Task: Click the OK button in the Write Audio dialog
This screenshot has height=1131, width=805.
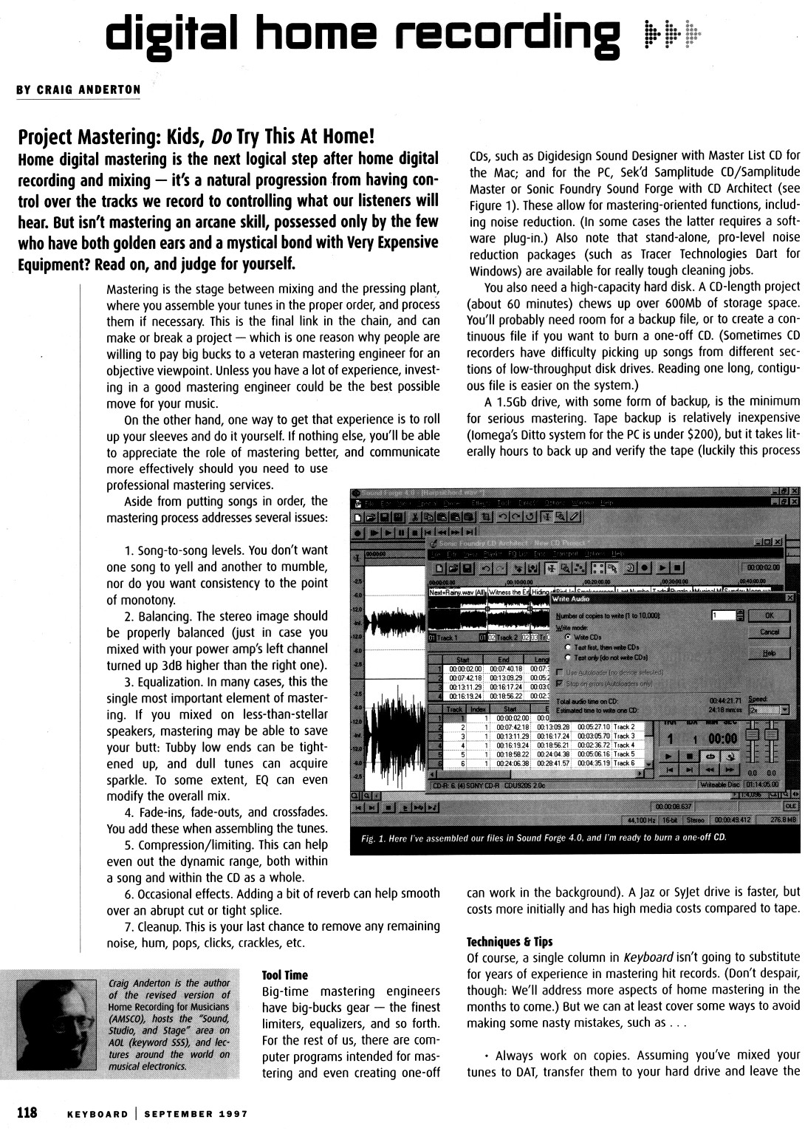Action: (x=769, y=615)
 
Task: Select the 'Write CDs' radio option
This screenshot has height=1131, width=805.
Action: (x=568, y=636)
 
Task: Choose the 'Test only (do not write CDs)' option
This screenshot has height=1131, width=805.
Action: (x=568, y=657)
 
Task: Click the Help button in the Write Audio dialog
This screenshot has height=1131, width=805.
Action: (x=769, y=652)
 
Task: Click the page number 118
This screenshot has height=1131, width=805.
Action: (x=27, y=1113)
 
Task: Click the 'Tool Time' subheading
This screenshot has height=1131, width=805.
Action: (x=285, y=975)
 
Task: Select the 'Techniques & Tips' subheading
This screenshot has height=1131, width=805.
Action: (x=510, y=942)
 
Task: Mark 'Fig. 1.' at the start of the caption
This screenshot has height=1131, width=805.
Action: (x=374, y=838)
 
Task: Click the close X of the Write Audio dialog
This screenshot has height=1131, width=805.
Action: (x=790, y=597)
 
